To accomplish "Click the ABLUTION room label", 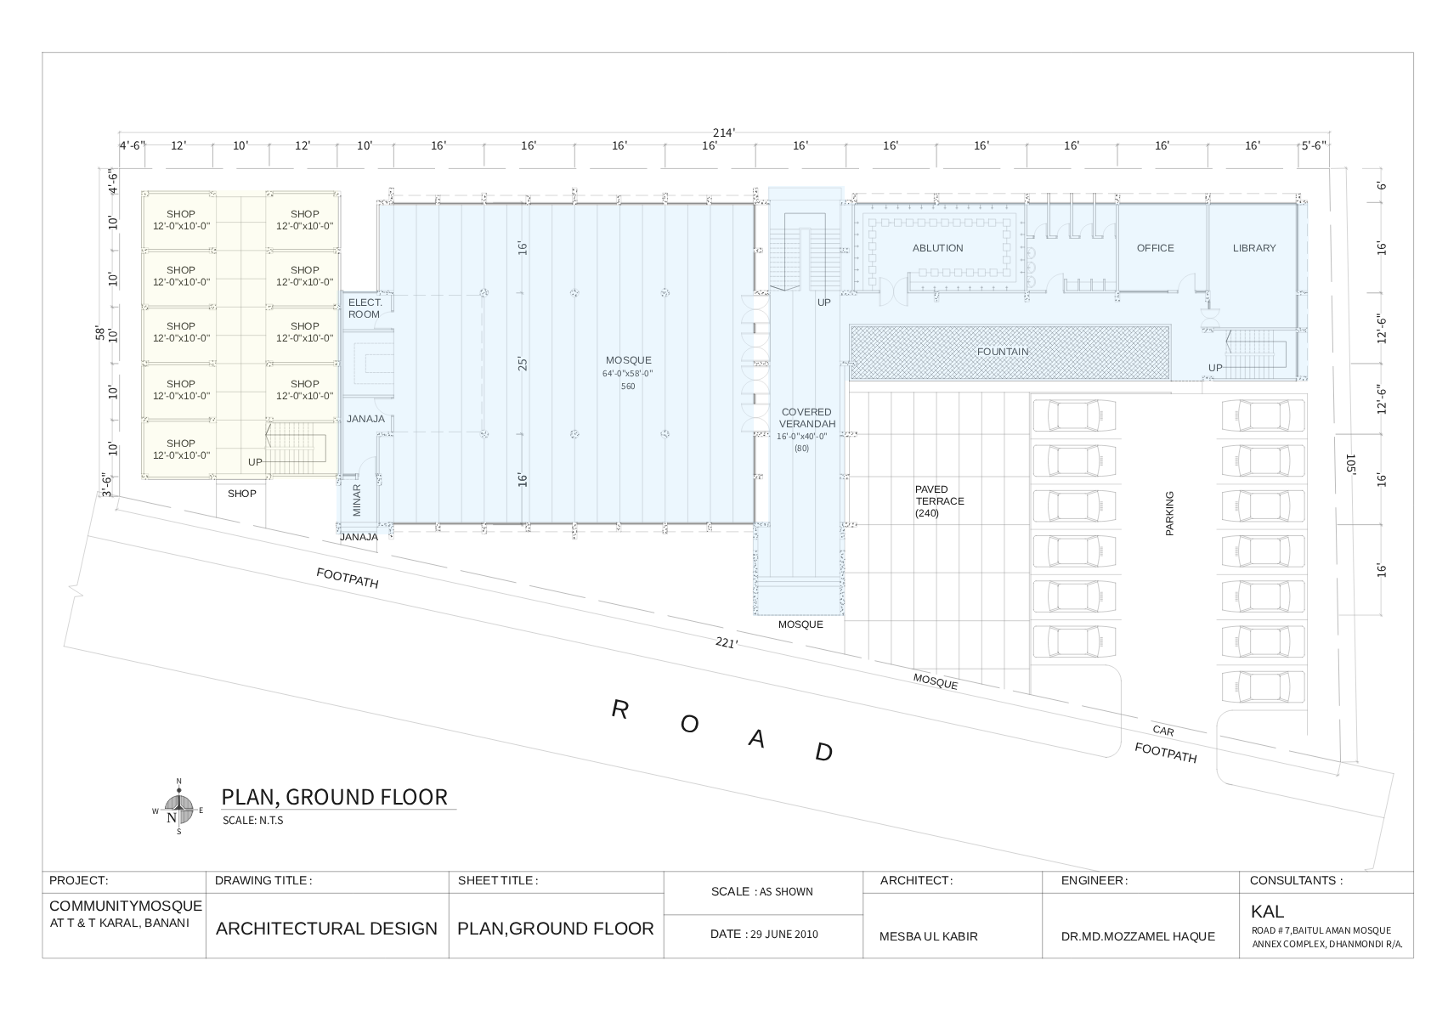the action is [x=937, y=248].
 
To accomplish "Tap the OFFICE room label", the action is [x=1155, y=248].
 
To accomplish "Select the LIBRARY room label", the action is [x=1254, y=248].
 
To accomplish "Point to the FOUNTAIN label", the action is [x=1003, y=352].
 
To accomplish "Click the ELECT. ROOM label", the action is [x=365, y=308].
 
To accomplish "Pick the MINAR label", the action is [x=357, y=500].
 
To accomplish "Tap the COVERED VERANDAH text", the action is [x=806, y=418].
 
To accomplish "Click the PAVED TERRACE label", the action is [x=939, y=501].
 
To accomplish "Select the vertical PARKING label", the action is [x=1169, y=513].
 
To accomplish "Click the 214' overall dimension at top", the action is [x=723, y=133].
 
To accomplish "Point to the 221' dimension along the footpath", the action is [x=726, y=644].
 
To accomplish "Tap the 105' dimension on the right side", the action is [x=1350, y=464].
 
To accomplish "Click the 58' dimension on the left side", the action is [x=99, y=333].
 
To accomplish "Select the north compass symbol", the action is [x=178, y=807].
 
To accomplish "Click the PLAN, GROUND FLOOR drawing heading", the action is [x=334, y=797].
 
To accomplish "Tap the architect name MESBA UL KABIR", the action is [x=928, y=936].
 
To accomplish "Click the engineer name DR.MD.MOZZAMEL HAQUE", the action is [x=1138, y=936].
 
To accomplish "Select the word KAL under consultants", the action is [x=1267, y=912].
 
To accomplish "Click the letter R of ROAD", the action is [x=619, y=710].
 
